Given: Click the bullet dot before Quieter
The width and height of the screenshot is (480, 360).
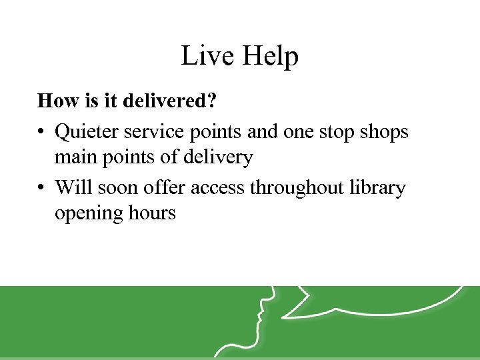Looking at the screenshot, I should coord(41,132).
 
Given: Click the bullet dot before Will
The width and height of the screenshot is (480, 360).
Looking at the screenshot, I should coord(41,188).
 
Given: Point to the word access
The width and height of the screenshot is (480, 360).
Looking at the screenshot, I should coord(219,188).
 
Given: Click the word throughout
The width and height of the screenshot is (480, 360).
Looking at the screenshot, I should coord(299,188).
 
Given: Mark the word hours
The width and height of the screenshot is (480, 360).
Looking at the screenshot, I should coord(152,213).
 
